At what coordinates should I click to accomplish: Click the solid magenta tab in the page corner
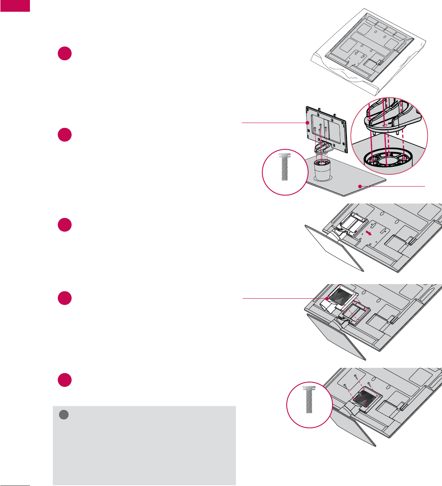(x=15, y=6)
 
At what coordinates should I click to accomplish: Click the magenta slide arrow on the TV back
(x=368, y=233)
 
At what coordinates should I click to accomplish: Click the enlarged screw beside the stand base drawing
(x=285, y=167)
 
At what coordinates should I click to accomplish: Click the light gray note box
(x=144, y=445)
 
